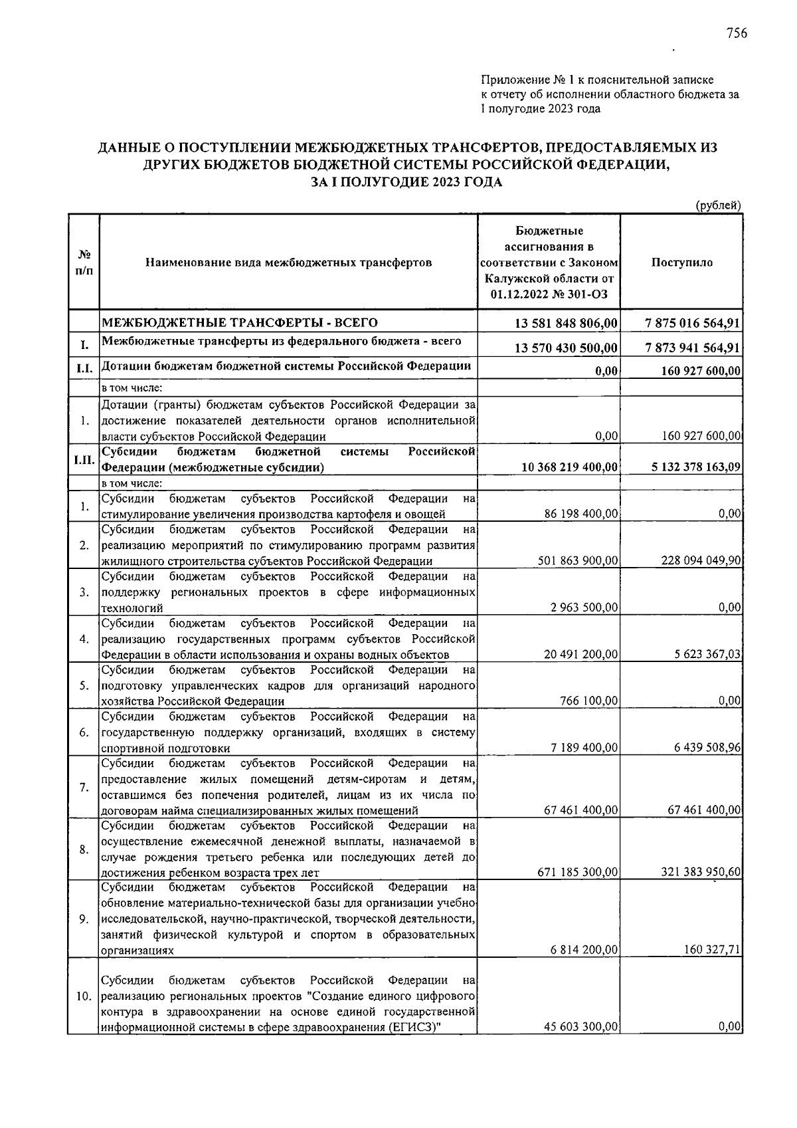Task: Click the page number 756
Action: point(737,33)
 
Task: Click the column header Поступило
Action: point(682,263)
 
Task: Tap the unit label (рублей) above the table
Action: point(717,205)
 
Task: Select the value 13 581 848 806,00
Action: point(567,323)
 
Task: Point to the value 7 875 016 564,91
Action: point(693,323)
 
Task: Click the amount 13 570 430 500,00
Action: point(567,348)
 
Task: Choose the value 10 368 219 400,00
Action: point(571,467)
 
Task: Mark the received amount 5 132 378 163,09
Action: point(696,467)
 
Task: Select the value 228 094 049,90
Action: point(701,560)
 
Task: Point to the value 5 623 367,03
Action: point(707,654)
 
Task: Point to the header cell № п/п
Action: point(84,263)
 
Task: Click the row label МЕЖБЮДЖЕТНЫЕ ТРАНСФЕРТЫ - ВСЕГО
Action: point(239,323)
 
